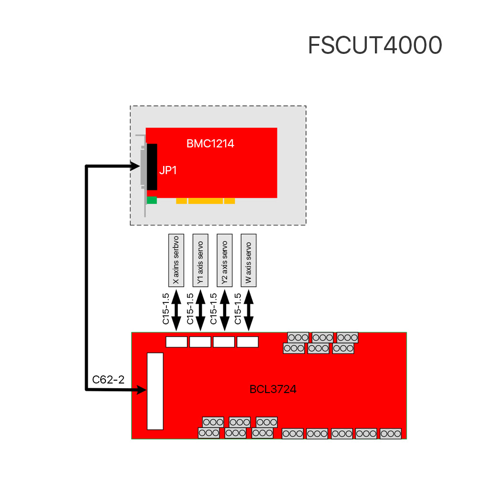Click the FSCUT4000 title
374,46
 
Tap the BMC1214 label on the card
210,143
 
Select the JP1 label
168,170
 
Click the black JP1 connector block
152,167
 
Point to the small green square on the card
152,200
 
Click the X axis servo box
176,260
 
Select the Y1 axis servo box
200,260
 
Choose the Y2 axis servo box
225,260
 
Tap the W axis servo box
249,260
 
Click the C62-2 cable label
108,380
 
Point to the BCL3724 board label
273,389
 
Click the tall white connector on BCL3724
155,391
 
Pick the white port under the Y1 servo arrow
200,342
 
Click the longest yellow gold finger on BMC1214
205,201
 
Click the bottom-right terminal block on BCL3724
390,434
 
